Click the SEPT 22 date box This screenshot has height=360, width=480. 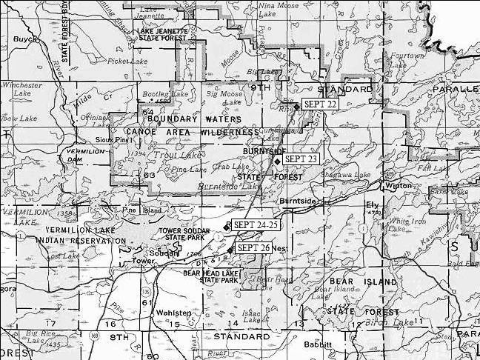click(321, 104)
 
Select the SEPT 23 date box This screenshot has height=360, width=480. click(300, 159)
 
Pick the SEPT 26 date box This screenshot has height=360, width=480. click(254, 247)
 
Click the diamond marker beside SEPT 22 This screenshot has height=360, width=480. click(296, 107)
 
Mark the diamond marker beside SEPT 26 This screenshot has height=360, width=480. click(230, 250)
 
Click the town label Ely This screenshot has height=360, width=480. click(373, 204)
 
